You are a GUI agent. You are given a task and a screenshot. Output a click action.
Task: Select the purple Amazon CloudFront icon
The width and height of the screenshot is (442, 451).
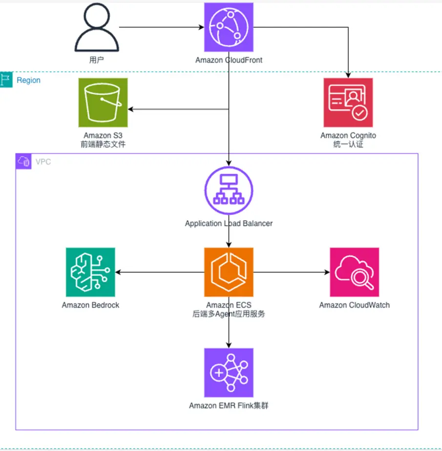229,27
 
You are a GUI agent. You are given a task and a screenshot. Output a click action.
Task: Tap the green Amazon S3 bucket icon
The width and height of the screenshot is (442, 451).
103,102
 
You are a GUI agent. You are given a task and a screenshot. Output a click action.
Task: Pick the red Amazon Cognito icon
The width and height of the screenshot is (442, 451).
348,102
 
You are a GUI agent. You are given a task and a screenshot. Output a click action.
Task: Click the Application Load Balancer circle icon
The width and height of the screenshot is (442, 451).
229,192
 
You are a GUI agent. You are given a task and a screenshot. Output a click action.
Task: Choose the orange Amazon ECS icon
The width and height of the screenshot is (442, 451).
229,272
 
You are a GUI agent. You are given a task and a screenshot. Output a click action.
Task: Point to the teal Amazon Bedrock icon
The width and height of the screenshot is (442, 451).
90,272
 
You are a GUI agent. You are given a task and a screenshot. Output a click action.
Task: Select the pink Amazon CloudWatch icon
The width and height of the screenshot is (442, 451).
354,272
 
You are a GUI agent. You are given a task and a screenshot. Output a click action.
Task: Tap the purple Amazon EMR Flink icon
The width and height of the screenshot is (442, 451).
229,372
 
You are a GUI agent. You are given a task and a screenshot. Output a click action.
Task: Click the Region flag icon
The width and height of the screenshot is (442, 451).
6,80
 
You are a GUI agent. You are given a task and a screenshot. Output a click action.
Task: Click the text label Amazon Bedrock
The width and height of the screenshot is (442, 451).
90,305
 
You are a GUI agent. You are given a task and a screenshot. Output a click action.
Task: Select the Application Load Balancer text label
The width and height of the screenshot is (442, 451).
229,224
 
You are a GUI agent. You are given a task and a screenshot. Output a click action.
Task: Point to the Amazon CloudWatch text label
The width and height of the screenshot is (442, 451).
354,305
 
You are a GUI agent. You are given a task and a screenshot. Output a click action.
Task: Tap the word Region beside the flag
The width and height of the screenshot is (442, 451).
28,80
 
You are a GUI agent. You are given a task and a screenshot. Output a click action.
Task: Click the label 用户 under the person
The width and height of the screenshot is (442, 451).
96,60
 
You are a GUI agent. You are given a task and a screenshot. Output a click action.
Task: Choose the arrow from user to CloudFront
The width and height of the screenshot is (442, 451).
161,27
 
